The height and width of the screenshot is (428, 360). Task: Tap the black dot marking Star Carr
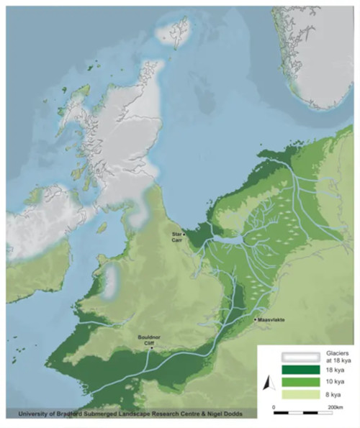pos(185,235)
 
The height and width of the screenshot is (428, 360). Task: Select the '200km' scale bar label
pos(336,407)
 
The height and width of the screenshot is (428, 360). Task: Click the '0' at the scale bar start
pos(274,407)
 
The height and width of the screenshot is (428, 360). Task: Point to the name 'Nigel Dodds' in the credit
pos(220,414)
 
